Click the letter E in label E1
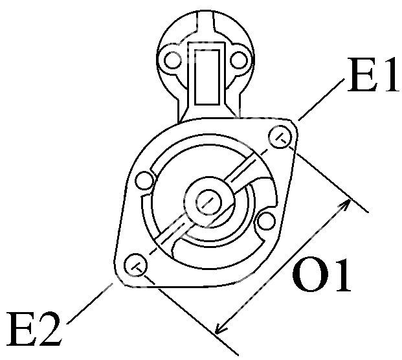pos(361,74)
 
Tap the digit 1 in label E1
pos(389,74)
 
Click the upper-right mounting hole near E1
pos(281,137)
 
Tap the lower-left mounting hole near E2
pos(136,265)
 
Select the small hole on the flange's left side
pos(144,181)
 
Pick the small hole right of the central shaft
pos(266,221)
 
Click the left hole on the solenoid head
pos(172,60)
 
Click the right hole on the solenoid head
pos(239,60)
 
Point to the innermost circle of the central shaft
pos(208,202)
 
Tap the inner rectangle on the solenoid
pos(207,77)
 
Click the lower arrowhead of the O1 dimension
pos(219,330)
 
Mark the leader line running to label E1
pos(321,100)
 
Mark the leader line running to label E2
pos(90,303)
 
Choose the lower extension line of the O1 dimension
pos(191,315)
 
